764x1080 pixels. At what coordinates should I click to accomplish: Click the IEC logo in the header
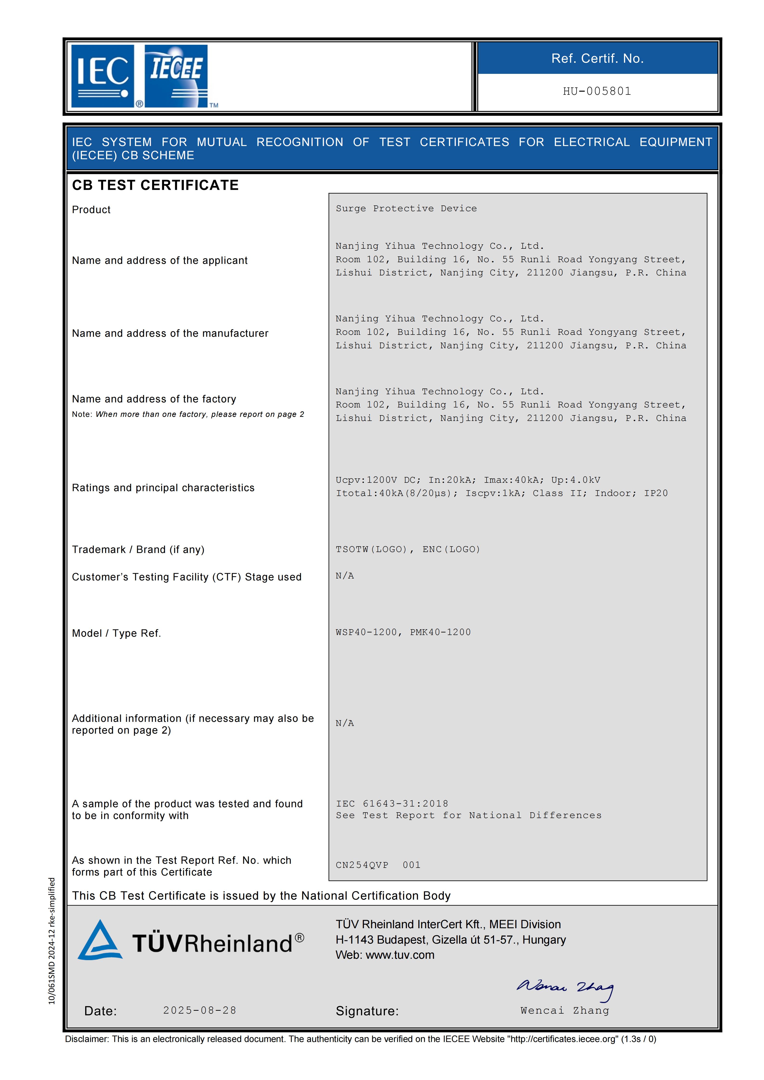tap(103, 76)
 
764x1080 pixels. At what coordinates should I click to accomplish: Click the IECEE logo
tap(176, 76)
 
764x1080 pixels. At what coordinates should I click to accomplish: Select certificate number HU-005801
tap(597, 91)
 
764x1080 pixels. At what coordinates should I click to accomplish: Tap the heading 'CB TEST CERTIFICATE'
tap(155, 185)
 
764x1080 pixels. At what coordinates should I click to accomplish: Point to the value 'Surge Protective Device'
tap(406, 208)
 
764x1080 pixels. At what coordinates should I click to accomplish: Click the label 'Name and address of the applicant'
tap(160, 260)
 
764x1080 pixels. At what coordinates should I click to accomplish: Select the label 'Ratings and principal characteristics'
tap(163, 488)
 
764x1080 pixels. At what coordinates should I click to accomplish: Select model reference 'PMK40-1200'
tap(440, 632)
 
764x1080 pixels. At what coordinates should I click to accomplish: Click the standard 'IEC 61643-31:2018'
tap(392, 803)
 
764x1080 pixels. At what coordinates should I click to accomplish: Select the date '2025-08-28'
tap(199, 1010)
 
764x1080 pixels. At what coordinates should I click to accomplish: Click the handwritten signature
tap(565, 988)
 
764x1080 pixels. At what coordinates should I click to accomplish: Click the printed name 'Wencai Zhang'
tap(565, 1010)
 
